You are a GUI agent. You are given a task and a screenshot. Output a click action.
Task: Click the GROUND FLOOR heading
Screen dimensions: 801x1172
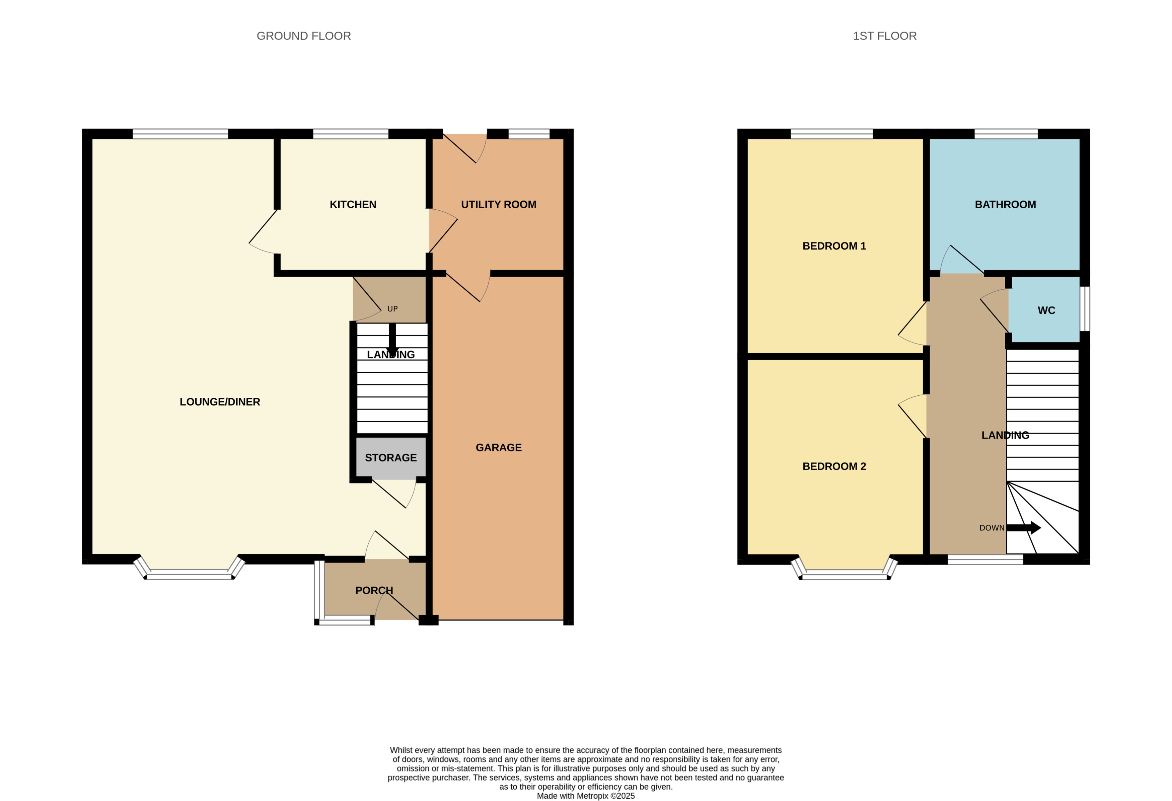(x=304, y=36)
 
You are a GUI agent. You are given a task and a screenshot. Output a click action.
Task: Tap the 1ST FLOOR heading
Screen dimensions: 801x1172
(x=885, y=36)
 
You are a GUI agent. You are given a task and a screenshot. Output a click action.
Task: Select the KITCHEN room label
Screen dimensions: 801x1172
(x=353, y=204)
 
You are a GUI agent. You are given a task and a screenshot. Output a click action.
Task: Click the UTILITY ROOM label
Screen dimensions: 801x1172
(x=498, y=204)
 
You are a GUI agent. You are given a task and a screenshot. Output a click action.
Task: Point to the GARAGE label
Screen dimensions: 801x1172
(x=498, y=447)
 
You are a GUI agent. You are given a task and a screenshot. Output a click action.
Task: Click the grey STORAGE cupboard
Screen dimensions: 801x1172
(x=391, y=457)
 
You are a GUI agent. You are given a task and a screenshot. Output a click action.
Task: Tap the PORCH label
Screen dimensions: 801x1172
(x=374, y=590)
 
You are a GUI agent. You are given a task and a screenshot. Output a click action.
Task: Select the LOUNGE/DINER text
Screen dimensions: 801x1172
(x=220, y=402)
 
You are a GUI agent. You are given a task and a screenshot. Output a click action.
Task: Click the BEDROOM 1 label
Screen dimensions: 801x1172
(x=834, y=246)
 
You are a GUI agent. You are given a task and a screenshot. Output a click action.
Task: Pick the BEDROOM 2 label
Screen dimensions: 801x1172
(x=834, y=466)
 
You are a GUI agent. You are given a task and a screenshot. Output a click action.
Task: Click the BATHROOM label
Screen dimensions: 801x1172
(x=1005, y=204)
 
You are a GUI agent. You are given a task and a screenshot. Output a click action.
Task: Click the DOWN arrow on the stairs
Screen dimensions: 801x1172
(x=1024, y=528)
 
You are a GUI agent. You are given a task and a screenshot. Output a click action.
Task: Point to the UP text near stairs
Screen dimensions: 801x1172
(x=392, y=309)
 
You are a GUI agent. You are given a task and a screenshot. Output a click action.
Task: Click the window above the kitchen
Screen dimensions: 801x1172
(x=351, y=134)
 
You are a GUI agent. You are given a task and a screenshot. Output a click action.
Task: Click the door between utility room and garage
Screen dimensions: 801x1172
(x=466, y=287)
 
